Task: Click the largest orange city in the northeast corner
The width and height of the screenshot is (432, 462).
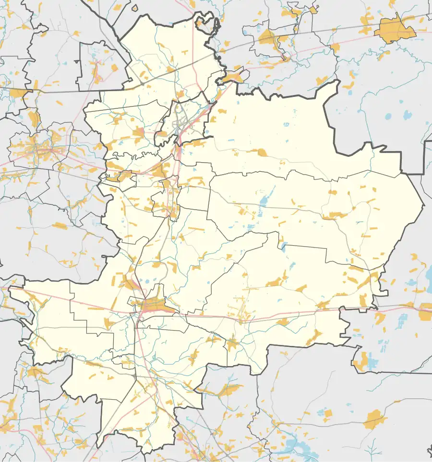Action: [395, 30]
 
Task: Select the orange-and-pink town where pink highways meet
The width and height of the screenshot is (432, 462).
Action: [153, 305]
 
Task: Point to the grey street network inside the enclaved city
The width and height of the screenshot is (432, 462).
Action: [180, 120]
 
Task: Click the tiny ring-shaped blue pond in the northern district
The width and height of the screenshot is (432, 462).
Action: [287, 124]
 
